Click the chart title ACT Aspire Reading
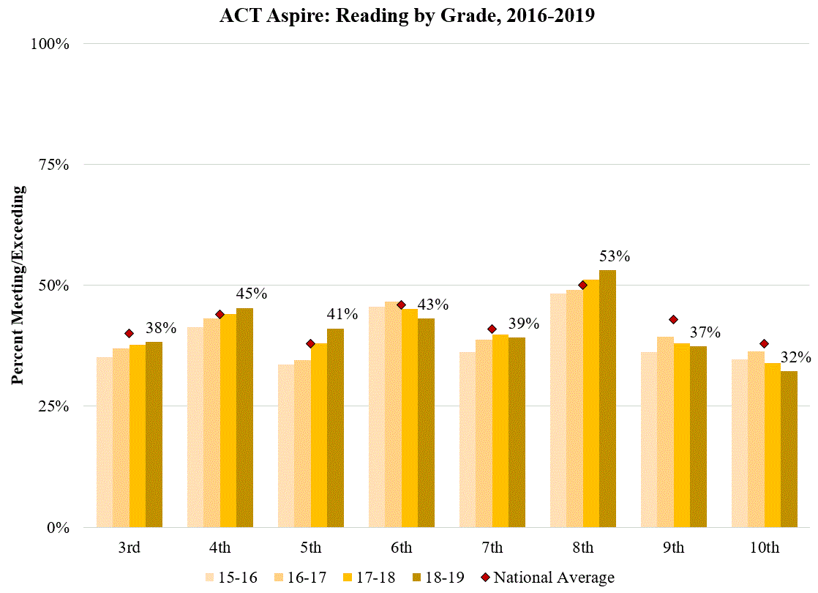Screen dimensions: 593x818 click(x=407, y=16)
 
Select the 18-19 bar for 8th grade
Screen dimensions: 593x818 click(x=607, y=399)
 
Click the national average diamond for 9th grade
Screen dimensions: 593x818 click(x=673, y=319)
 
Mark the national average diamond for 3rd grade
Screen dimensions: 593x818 click(x=130, y=333)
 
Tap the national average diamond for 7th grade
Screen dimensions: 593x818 click(x=492, y=329)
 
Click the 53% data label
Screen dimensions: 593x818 click(x=615, y=257)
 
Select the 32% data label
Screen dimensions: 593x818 click(x=796, y=358)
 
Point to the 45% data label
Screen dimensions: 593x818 click(x=252, y=294)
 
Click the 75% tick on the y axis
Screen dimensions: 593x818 click(x=53, y=165)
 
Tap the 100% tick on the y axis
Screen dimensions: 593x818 click(x=50, y=44)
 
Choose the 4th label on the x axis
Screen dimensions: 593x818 click(x=219, y=548)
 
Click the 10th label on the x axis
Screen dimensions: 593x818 click(x=764, y=548)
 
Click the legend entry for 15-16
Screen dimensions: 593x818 click(x=231, y=578)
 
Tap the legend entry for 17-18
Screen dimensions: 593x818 click(x=370, y=578)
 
